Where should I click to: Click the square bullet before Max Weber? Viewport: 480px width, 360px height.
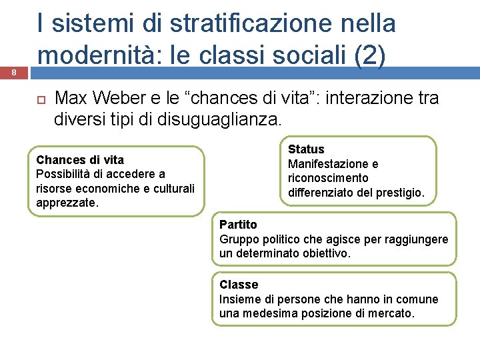coord(40,99)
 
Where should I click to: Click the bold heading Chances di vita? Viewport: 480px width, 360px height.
coord(80,159)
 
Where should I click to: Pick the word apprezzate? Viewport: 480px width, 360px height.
coord(67,203)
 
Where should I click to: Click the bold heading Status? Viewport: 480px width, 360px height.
coord(306,149)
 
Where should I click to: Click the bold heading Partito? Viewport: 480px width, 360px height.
coord(238,225)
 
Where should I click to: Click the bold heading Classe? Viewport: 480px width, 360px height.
coord(239,285)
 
